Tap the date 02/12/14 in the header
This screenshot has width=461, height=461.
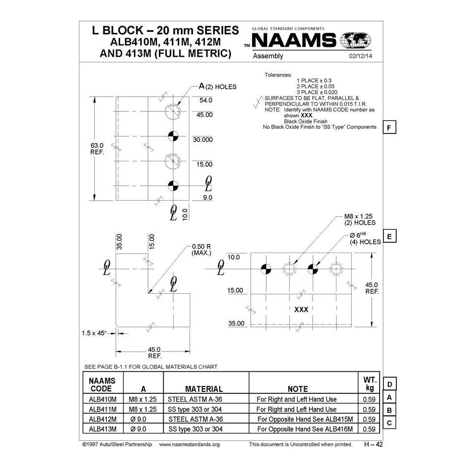(360, 56)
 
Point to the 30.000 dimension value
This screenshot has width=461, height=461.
(203, 140)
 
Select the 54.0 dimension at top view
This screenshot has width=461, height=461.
(205, 101)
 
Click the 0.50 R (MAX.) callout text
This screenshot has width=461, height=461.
(201, 250)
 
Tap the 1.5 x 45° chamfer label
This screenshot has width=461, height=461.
(94, 333)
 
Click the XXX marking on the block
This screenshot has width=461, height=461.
(301, 309)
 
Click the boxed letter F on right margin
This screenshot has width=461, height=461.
(389, 128)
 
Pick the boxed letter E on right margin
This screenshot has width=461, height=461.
(389, 236)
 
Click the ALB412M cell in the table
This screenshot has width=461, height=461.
(102, 419)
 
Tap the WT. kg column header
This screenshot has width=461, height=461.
(369, 384)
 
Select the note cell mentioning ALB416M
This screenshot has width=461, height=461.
(305, 429)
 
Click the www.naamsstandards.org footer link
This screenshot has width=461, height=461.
(190, 444)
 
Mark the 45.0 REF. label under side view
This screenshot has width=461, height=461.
(155, 353)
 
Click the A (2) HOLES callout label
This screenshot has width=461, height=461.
(217, 86)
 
